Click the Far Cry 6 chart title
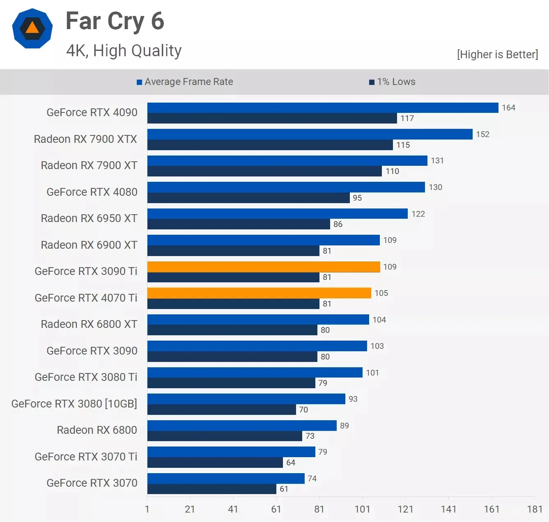(x=115, y=21)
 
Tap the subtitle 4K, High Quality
(x=124, y=51)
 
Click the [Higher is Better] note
(x=497, y=55)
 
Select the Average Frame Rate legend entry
(x=185, y=82)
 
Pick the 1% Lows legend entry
(x=392, y=82)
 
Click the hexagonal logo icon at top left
(x=32, y=28)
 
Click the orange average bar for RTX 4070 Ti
(x=259, y=293)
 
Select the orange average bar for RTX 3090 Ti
(x=264, y=267)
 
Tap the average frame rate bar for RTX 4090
(x=323, y=108)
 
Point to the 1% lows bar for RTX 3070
(x=211, y=489)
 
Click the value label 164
(x=508, y=108)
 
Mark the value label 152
(x=482, y=134)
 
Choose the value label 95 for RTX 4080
(x=357, y=198)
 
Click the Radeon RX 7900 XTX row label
(x=85, y=139)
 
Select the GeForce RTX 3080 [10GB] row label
(x=74, y=404)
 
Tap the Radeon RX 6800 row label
(x=97, y=430)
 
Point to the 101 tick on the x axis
(x=362, y=509)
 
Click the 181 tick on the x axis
(x=535, y=509)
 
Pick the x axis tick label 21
(x=190, y=509)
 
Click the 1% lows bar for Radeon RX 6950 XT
(x=239, y=224)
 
